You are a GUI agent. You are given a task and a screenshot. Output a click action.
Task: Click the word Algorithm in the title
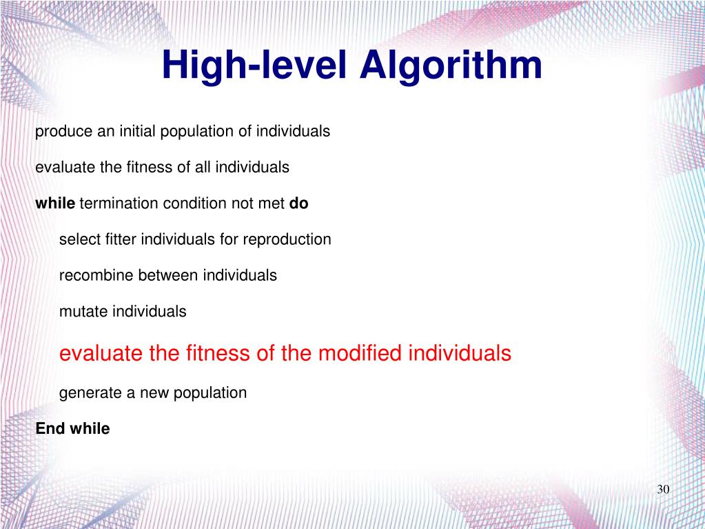click(x=451, y=67)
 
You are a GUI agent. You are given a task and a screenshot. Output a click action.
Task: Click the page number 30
click(x=664, y=489)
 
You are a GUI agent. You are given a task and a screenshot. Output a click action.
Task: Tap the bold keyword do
click(x=298, y=203)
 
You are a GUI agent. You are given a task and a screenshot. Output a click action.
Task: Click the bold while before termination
click(x=55, y=203)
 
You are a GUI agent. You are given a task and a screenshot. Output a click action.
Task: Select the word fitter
click(x=117, y=239)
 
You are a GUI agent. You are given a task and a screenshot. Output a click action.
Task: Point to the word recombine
click(x=96, y=275)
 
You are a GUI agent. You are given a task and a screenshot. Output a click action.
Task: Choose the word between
click(x=165, y=275)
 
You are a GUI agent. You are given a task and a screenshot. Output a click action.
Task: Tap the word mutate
click(x=83, y=312)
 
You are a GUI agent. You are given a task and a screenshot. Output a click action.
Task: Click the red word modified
click(x=363, y=354)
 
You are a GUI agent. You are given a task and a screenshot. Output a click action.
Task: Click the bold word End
click(x=50, y=428)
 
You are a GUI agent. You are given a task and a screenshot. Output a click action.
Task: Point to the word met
click(x=272, y=203)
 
